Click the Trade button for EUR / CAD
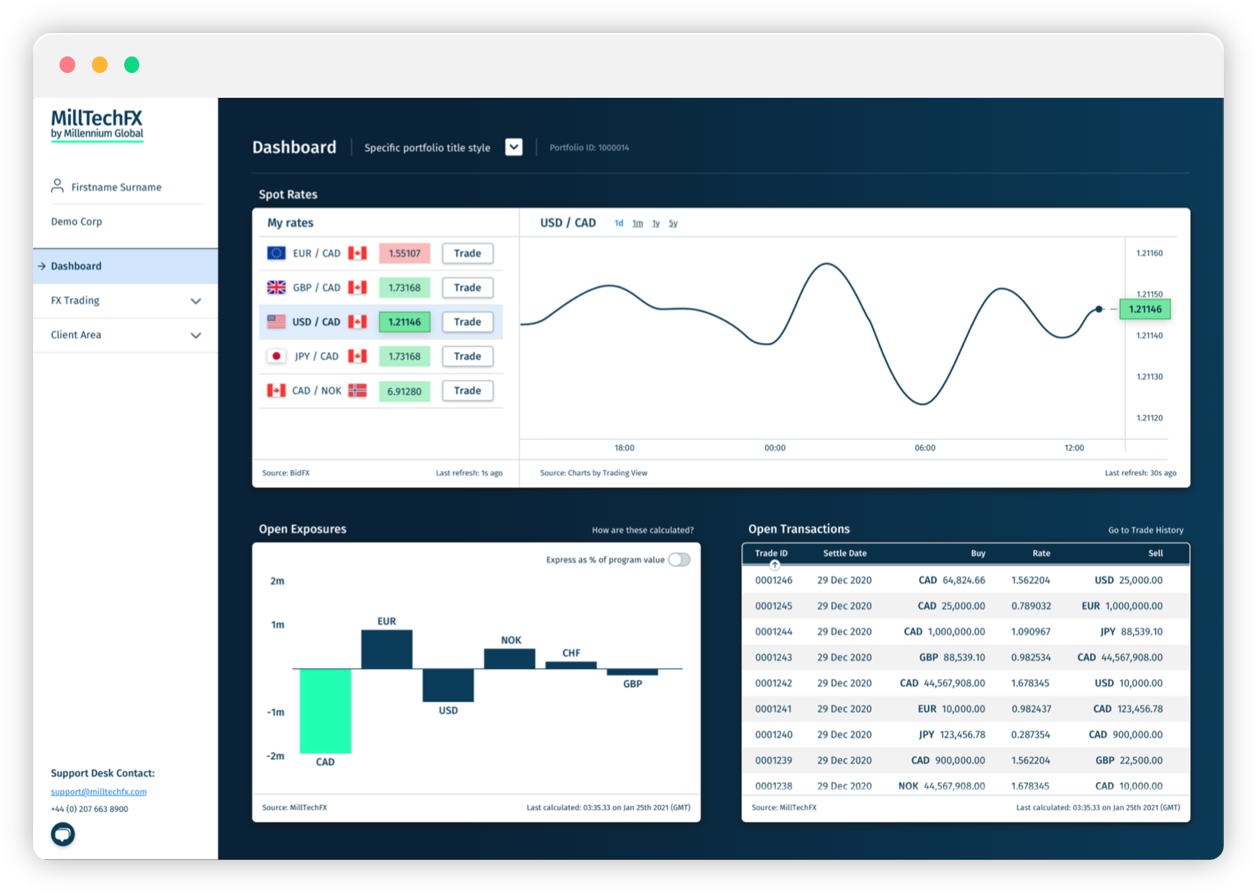click(x=467, y=253)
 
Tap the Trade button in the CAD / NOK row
click(x=467, y=390)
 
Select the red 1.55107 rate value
click(x=405, y=253)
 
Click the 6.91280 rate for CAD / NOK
click(x=405, y=391)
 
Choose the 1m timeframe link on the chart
click(x=638, y=223)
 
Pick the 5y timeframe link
click(x=673, y=223)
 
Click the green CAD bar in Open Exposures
click(x=325, y=711)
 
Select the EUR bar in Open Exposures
click(x=387, y=649)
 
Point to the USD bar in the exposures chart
click(x=448, y=685)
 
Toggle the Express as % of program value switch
click(x=679, y=560)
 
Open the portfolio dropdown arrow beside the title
click(x=513, y=147)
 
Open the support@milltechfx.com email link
click(x=99, y=791)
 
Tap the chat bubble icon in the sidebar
click(x=63, y=834)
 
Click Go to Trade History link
click(x=1146, y=530)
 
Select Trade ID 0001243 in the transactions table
click(x=773, y=658)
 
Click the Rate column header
click(x=1041, y=553)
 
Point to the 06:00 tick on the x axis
click(x=925, y=448)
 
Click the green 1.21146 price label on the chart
click(x=1145, y=309)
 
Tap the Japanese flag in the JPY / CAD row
click(x=276, y=356)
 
